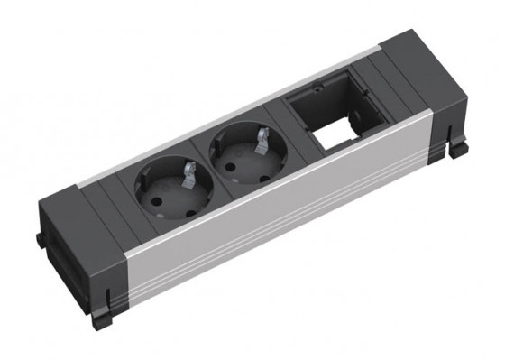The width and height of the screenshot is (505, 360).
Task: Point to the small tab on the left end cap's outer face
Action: click(40, 239)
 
